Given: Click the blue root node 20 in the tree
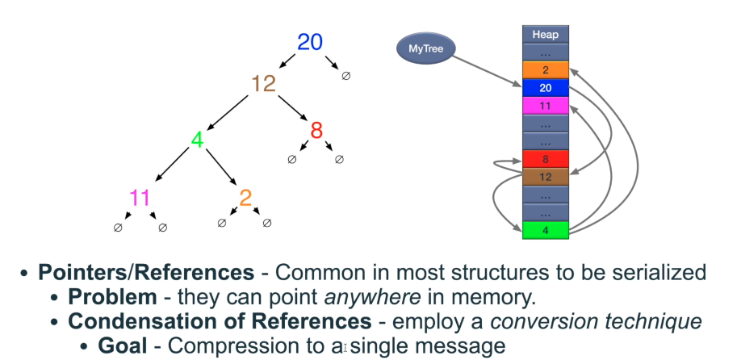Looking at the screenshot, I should click(310, 42).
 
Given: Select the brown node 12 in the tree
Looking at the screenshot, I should click(263, 82).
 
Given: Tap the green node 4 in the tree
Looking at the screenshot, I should click(196, 140).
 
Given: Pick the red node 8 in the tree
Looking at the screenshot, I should click(316, 130).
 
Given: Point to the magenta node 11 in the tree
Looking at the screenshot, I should click(140, 198).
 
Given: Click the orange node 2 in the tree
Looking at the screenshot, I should click(245, 198).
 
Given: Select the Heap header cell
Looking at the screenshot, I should click(546, 35).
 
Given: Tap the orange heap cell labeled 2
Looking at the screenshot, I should click(546, 70).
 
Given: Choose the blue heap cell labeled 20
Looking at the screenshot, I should click(546, 88).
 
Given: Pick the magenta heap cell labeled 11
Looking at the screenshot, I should click(546, 106).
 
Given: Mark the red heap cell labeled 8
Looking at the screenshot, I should click(546, 159).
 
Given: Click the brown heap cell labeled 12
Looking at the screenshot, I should click(546, 177).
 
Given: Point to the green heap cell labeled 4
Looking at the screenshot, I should click(546, 230).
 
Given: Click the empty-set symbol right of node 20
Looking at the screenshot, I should click(346, 76).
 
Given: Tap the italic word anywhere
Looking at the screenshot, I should click(374, 296).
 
